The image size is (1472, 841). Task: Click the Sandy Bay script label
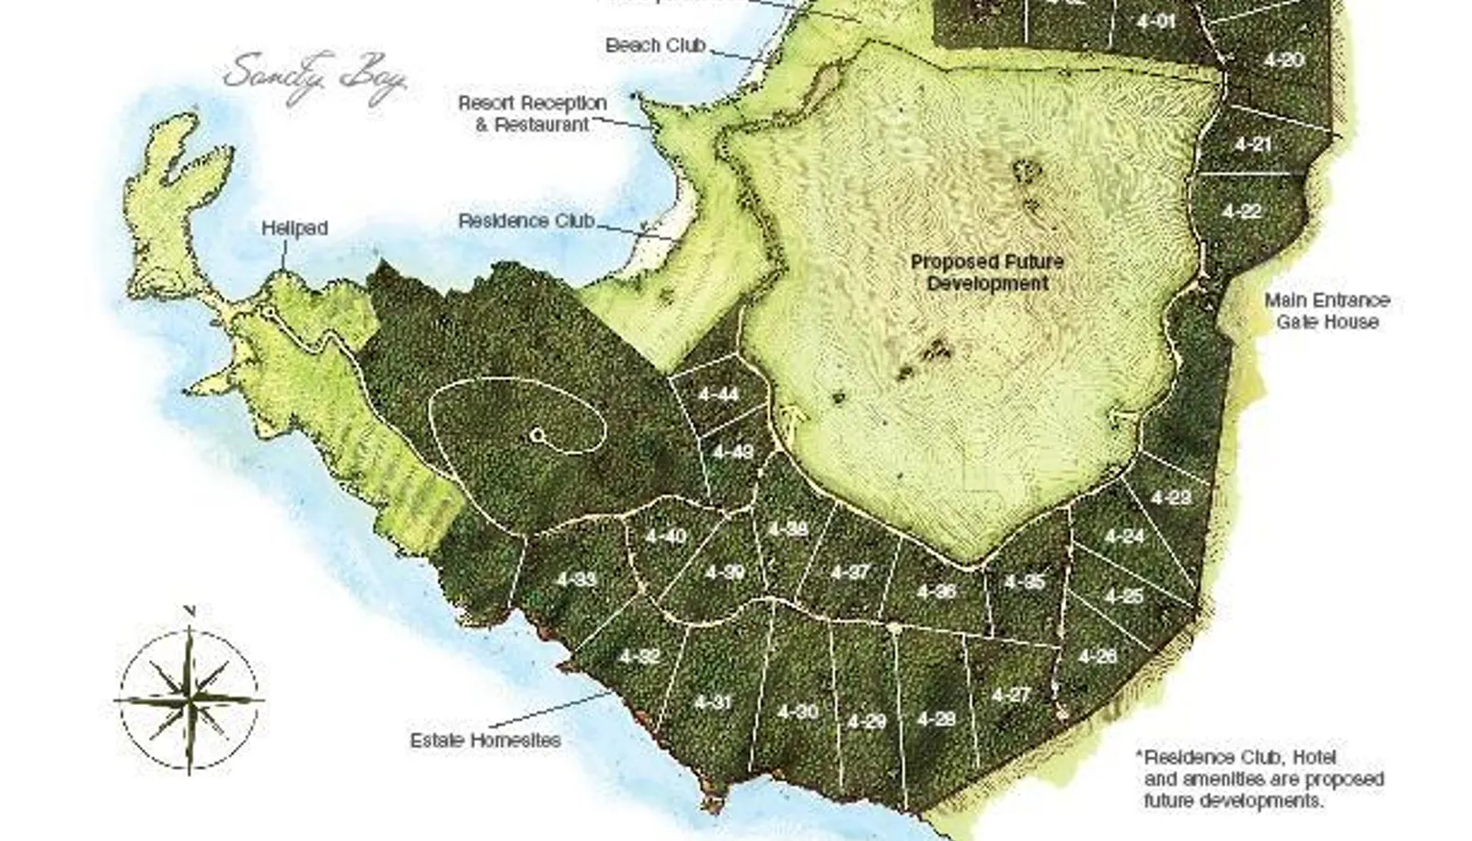pos(316,77)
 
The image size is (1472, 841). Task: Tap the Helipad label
pos(294,227)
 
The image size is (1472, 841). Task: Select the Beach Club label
pos(655,45)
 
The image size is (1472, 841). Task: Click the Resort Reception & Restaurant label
pos(532,113)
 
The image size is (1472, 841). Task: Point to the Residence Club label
pos(526,221)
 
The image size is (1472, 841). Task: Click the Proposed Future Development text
pos(986,272)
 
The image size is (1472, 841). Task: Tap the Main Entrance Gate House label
pos(1327,311)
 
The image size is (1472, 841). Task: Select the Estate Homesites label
pos(485,740)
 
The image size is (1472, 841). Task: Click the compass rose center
pos(190,699)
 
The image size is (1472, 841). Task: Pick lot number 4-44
pos(718,395)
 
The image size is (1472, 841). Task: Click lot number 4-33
pos(576,580)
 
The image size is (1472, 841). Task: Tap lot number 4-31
pos(712,702)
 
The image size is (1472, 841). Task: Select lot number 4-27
pos(1010,695)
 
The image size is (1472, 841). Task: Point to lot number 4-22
pos(1241,212)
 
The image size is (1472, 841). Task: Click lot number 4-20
pos(1283,60)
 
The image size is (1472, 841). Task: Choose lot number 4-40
pos(665,536)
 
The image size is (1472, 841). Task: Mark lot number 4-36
pos(936,592)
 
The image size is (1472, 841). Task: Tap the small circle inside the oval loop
pos(537,436)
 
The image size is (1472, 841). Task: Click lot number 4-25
pos(1123,596)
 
